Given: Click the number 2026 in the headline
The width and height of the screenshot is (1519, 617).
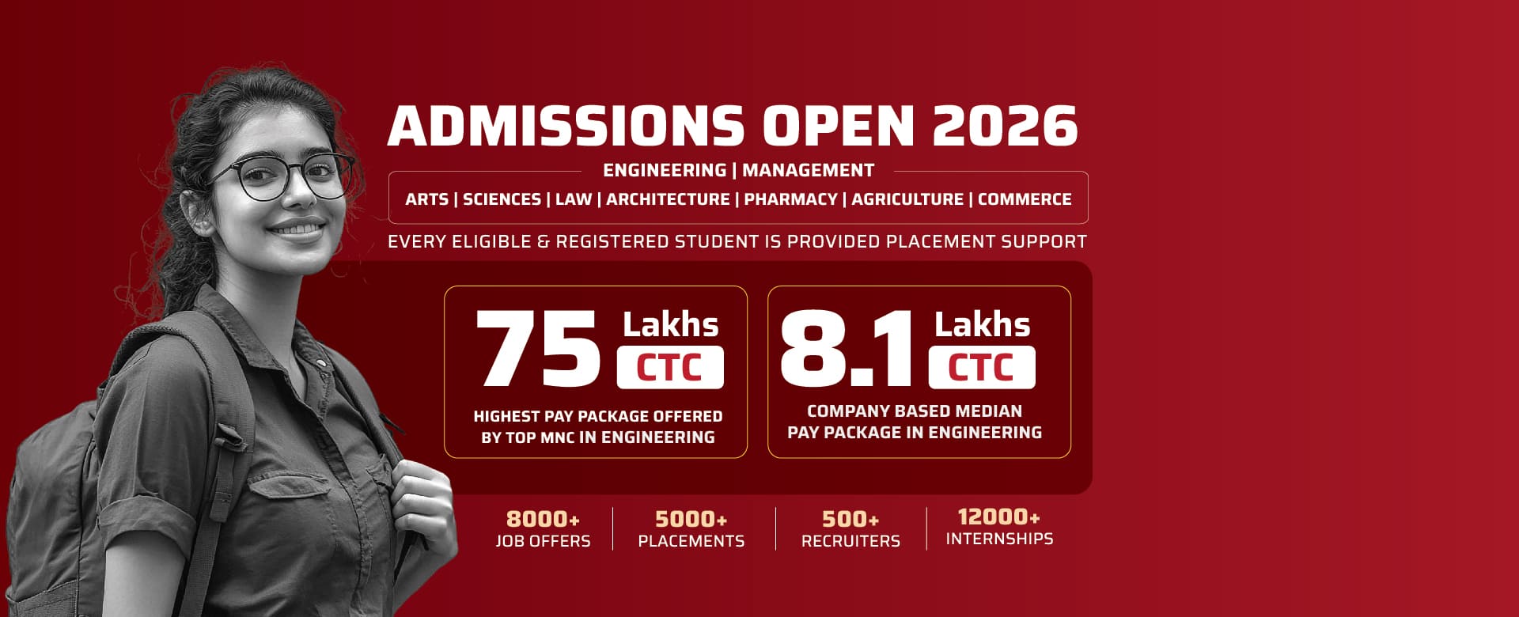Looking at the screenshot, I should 1005,127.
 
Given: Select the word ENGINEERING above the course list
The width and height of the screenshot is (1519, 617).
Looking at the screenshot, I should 665,170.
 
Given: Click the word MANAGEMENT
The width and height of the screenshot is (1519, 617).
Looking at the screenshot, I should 808,170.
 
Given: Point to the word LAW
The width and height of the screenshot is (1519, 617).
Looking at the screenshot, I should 574,199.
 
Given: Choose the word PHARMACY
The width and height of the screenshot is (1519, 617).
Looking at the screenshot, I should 790,199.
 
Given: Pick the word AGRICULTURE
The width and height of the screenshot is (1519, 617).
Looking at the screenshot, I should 907,199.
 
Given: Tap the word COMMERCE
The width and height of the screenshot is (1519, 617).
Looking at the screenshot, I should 1025,199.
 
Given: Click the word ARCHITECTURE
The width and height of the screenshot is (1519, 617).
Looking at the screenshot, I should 668,199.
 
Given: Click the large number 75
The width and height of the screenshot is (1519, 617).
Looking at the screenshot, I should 538,348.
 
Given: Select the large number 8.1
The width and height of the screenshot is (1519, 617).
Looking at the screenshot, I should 847,348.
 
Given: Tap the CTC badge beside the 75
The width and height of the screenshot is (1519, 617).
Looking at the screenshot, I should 670,368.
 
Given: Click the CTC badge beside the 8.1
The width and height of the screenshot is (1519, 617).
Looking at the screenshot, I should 982,368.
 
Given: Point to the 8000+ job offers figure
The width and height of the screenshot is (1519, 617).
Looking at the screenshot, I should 543,520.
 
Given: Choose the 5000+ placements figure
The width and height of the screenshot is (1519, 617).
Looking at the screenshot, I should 691,520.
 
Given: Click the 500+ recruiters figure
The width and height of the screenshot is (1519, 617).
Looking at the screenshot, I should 850,520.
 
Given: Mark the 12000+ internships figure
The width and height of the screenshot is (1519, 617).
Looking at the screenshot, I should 998,517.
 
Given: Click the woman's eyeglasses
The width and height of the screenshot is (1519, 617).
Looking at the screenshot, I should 281,178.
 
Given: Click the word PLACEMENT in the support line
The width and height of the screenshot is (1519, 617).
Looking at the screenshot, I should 940,242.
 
